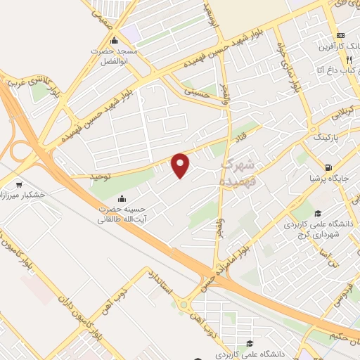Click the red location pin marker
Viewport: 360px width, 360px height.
[x=181, y=165]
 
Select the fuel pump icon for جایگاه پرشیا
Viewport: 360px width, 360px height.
[x=328, y=167]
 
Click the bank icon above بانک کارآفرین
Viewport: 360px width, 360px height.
[x=341, y=35]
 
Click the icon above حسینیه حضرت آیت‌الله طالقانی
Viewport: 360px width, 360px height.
[x=124, y=198]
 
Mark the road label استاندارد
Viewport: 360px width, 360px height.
[x=161, y=285]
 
